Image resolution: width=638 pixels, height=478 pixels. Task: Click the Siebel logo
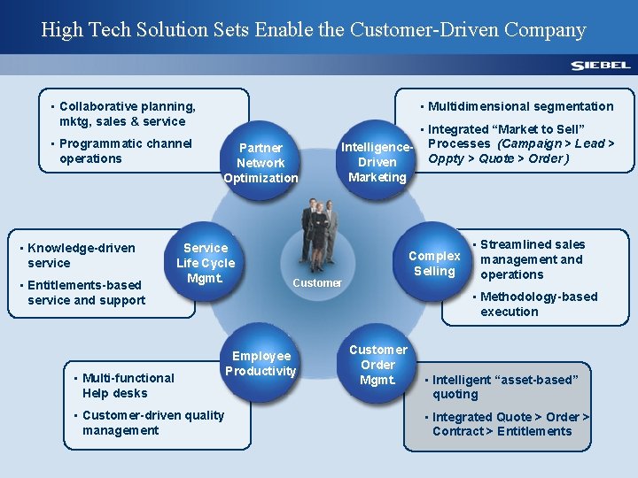tap(600, 65)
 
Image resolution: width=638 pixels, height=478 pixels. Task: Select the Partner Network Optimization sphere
tap(261, 163)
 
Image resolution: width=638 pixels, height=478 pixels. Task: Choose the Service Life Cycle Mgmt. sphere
tap(206, 263)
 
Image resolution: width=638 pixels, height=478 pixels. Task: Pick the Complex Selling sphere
tap(434, 263)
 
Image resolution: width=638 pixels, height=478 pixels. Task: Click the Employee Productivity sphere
tap(261, 363)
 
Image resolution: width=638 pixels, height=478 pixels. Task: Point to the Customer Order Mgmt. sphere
tap(377, 364)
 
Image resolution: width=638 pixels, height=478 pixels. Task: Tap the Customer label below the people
tap(316, 283)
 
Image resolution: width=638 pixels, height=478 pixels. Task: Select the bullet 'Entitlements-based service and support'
tap(86, 292)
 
